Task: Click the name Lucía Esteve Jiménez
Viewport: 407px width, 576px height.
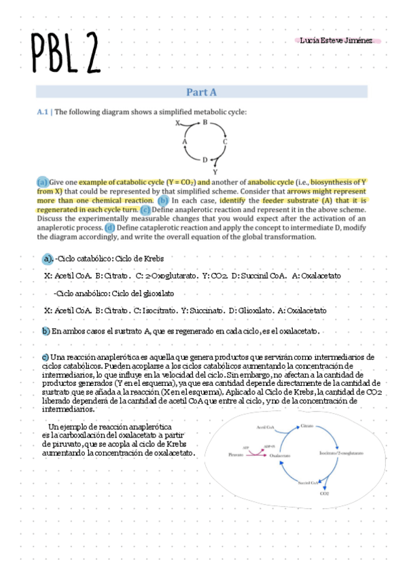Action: (x=337, y=41)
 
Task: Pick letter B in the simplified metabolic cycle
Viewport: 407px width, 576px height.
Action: (x=205, y=122)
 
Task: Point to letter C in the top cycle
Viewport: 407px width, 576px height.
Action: (x=225, y=141)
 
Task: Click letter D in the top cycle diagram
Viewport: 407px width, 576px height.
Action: (x=205, y=160)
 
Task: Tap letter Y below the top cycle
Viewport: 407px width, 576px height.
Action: (x=215, y=172)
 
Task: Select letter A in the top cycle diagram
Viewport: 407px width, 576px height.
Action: (x=184, y=141)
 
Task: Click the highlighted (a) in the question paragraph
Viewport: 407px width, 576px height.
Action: (x=42, y=182)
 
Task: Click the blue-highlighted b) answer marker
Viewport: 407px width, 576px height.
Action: (x=46, y=331)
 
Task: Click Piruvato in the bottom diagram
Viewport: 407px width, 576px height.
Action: (x=234, y=455)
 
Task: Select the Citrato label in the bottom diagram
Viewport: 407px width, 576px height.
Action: (x=306, y=425)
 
